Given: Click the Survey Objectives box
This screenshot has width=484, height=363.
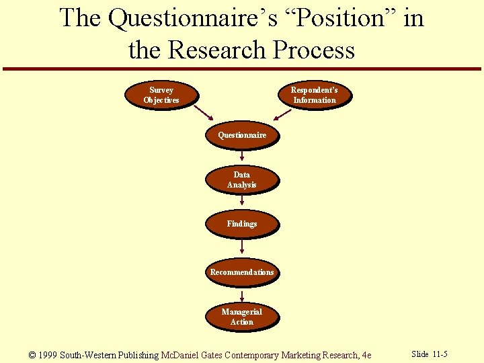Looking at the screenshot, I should (x=161, y=95).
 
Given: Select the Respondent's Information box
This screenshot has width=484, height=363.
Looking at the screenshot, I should (x=314, y=95).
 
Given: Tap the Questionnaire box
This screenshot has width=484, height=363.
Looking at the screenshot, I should (x=242, y=135).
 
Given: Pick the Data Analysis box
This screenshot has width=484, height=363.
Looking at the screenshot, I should (x=242, y=179).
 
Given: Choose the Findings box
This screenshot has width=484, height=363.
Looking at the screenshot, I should (x=242, y=224).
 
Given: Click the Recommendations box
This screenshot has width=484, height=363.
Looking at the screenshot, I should (x=242, y=272).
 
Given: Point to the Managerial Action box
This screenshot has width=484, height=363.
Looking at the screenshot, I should (x=242, y=317).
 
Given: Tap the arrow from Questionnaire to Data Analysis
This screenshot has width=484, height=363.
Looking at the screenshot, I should (x=242, y=156).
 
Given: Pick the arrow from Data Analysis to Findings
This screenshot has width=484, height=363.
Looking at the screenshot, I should (x=242, y=201).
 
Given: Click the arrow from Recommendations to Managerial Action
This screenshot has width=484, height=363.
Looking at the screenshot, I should (x=242, y=295).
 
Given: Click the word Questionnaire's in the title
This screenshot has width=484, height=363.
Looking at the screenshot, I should (x=192, y=18).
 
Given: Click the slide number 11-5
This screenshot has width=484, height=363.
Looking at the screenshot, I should (x=439, y=354).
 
